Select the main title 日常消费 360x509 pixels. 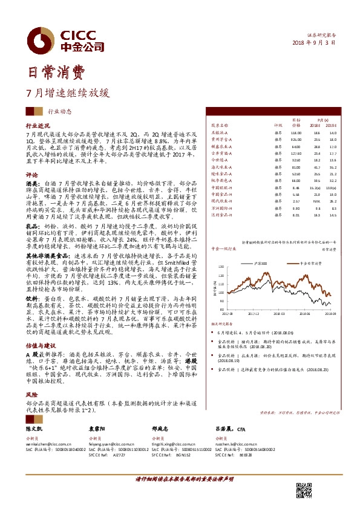coord(53,73)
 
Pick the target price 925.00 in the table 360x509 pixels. coord(296,138)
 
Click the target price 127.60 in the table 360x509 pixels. coord(296,153)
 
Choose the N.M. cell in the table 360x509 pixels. coord(316,200)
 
